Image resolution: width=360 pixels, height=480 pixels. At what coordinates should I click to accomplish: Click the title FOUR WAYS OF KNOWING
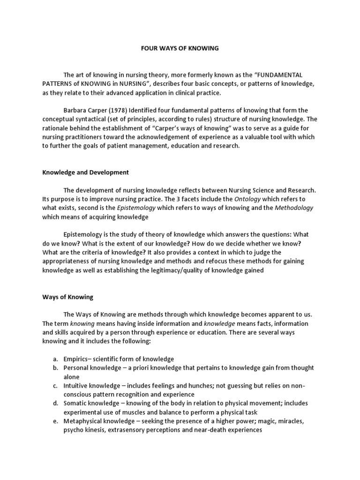pos(180,48)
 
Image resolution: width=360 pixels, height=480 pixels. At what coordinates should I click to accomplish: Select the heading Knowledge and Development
pos(85,172)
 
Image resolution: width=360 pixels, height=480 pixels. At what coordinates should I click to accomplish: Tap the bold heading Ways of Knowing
pos(67,297)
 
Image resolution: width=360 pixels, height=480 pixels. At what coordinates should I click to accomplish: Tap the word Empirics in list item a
pos(77,359)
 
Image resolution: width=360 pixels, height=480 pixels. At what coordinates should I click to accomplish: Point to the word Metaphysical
pos(83,421)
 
